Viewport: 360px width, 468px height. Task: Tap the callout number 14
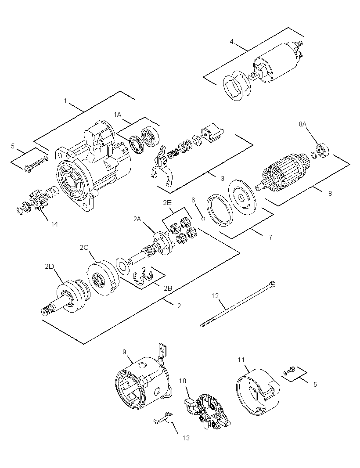pyautogui.click(x=54, y=224)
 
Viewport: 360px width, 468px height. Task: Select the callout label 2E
pyautogui.click(x=167, y=203)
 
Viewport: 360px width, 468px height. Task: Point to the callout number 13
pyautogui.click(x=186, y=438)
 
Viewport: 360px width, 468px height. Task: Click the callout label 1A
pyautogui.click(x=118, y=114)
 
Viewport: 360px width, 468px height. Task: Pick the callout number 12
pyautogui.click(x=215, y=296)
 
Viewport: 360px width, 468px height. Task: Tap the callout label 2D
pyautogui.click(x=49, y=266)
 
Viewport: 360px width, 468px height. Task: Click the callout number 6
pyautogui.click(x=193, y=200)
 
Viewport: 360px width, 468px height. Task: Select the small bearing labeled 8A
pyautogui.click(x=323, y=151)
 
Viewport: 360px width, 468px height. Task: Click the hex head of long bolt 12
pyautogui.click(x=272, y=284)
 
